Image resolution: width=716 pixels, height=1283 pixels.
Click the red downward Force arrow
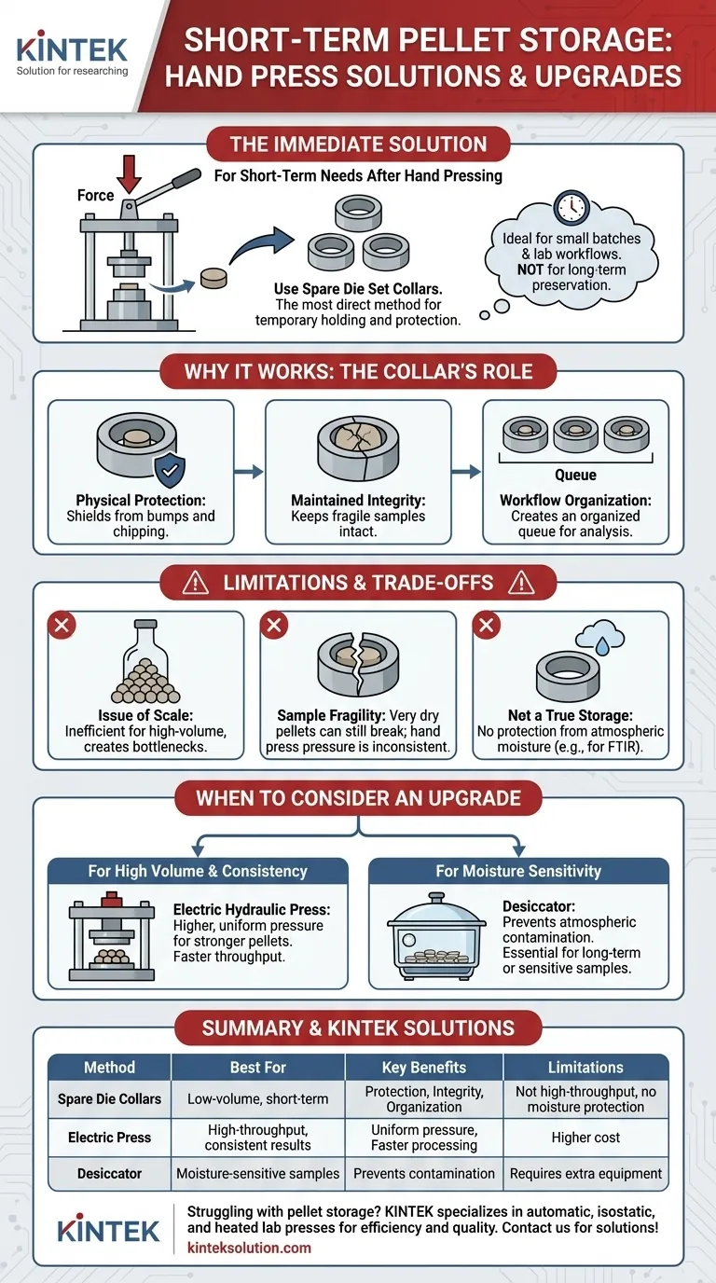(x=129, y=174)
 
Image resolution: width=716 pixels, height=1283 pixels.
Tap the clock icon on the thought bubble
(x=571, y=207)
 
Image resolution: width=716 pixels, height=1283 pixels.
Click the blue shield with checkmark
(x=170, y=470)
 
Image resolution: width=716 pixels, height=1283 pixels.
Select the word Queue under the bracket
(x=575, y=475)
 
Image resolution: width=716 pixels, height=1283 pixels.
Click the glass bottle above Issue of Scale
(x=145, y=661)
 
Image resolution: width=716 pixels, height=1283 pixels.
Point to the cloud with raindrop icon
(x=599, y=636)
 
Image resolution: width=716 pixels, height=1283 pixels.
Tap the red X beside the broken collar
(x=274, y=625)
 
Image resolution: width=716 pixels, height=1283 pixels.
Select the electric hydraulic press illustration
(x=112, y=936)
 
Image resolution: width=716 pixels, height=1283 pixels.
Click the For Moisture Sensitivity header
(x=518, y=871)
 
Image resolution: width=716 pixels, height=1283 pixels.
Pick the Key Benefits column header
(x=424, y=1067)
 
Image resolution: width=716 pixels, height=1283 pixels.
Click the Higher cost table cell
(x=585, y=1138)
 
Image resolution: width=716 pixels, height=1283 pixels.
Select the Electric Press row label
(x=109, y=1138)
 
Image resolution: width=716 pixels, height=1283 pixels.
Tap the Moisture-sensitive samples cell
(x=257, y=1174)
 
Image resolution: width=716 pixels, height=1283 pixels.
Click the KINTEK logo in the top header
(x=72, y=53)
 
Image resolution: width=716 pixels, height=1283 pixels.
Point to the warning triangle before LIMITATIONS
(x=196, y=583)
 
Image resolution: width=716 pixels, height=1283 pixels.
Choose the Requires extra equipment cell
(x=585, y=1174)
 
